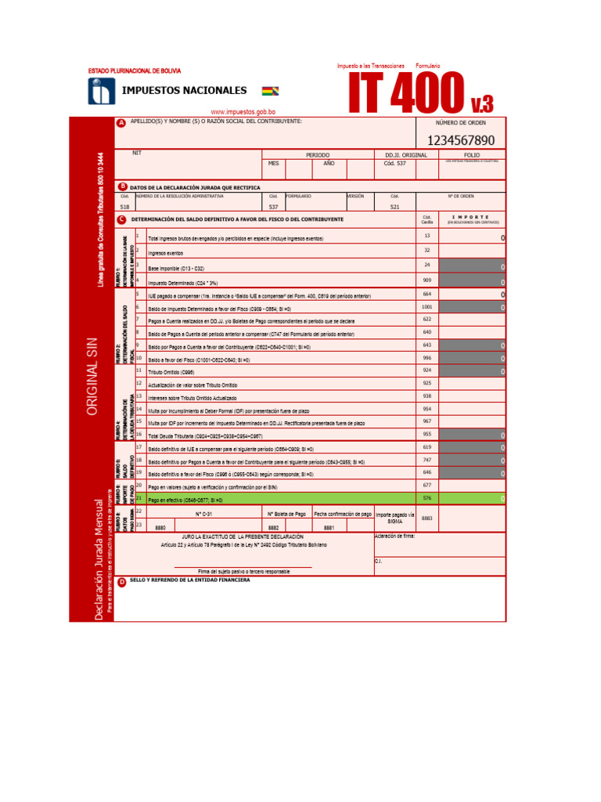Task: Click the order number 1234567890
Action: [460, 140]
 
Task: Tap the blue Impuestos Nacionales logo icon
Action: [101, 92]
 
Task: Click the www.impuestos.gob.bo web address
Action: [243, 112]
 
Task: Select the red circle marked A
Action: [121, 123]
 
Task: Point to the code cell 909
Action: [427, 280]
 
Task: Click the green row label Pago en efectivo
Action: [185, 499]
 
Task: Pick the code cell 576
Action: [427, 498]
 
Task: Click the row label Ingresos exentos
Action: [166, 254]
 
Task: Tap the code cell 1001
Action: [427, 307]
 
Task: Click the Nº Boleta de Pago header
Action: [286, 514]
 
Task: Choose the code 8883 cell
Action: [426, 518]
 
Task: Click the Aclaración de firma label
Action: [395, 536]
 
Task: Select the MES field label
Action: [273, 164]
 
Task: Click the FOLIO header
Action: [472, 155]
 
